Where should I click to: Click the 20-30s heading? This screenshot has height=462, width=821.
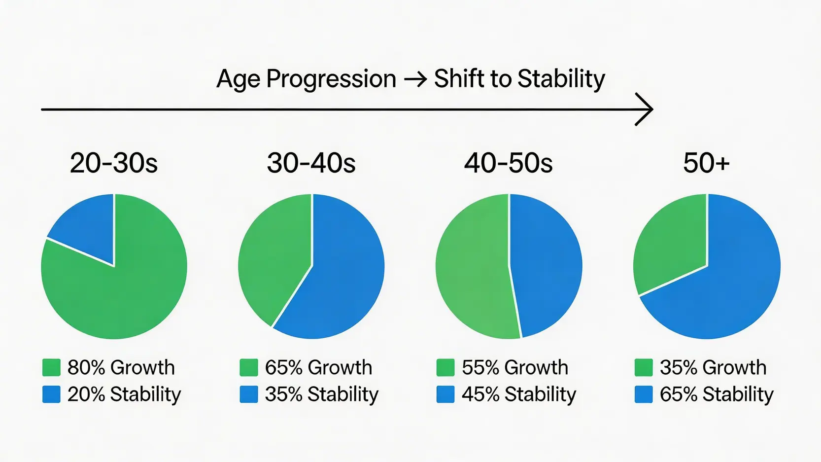114,163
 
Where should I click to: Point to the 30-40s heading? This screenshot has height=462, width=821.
311,163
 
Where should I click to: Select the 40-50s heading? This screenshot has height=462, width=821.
509,163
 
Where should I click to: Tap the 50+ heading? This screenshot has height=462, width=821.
706,163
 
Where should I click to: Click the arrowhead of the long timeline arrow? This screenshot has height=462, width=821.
644,109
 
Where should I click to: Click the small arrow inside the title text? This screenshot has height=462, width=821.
415,79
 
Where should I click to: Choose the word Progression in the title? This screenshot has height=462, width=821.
331,79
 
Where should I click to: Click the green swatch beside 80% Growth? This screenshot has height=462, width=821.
51,367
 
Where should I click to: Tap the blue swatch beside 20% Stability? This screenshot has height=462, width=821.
51,394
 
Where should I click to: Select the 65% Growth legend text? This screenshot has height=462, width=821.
318,367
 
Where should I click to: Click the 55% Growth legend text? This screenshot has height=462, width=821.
515,367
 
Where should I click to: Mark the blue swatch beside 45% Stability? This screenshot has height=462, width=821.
445,394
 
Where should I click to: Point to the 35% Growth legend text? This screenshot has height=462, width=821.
713,367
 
